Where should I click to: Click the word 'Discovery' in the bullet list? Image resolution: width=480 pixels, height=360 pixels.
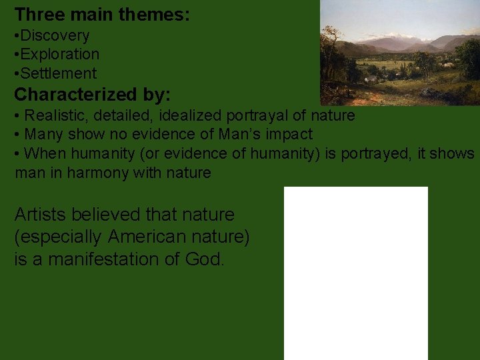56,35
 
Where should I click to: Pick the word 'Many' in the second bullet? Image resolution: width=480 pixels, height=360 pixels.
42,134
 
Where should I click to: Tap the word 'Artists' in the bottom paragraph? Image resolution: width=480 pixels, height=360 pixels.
41,215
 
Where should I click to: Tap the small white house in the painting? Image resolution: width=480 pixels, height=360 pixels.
371,79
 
